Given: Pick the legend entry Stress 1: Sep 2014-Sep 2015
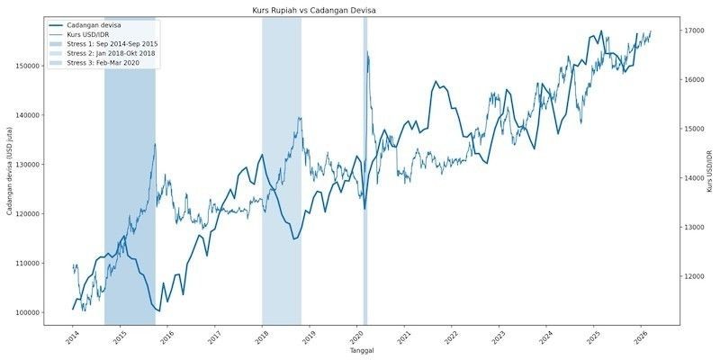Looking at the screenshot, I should (x=112, y=43).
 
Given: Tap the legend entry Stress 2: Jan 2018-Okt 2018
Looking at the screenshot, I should (x=112, y=53).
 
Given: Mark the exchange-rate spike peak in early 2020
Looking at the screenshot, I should (x=368, y=52).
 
